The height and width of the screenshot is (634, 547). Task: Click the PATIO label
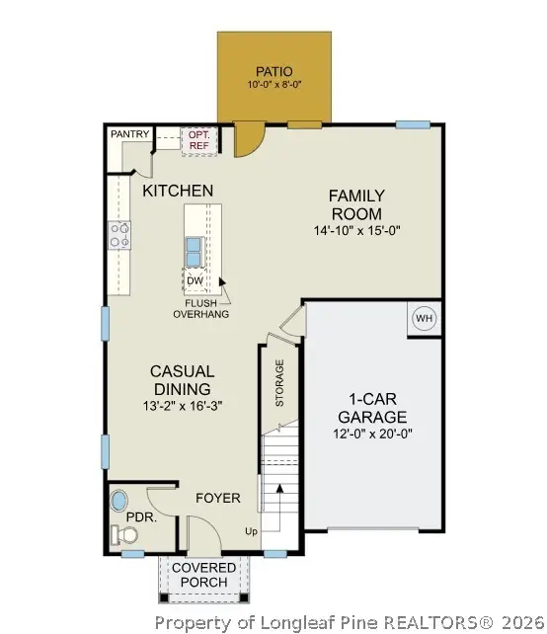tap(273, 71)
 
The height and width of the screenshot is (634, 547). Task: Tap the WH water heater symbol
tap(424, 319)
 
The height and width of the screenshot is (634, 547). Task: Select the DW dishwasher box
tap(195, 280)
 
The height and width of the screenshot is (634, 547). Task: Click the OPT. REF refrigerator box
tap(198, 139)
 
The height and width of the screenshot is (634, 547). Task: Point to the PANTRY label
tap(129, 133)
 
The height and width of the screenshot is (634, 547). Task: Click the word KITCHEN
tap(178, 190)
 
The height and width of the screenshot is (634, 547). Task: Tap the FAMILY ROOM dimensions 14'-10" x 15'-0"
tap(356, 230)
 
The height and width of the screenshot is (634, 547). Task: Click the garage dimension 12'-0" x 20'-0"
tap(372, 434)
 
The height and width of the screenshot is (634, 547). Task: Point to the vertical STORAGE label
tap(279, 384)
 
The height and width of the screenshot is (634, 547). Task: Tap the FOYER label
tap(217, 498)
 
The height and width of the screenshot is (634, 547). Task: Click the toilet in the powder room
tap(125, 534)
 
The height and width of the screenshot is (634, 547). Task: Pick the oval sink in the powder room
tap(119, 498)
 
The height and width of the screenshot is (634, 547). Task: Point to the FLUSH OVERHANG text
tap(201, 308)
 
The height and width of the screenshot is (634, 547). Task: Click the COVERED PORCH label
tap(204, 575)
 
